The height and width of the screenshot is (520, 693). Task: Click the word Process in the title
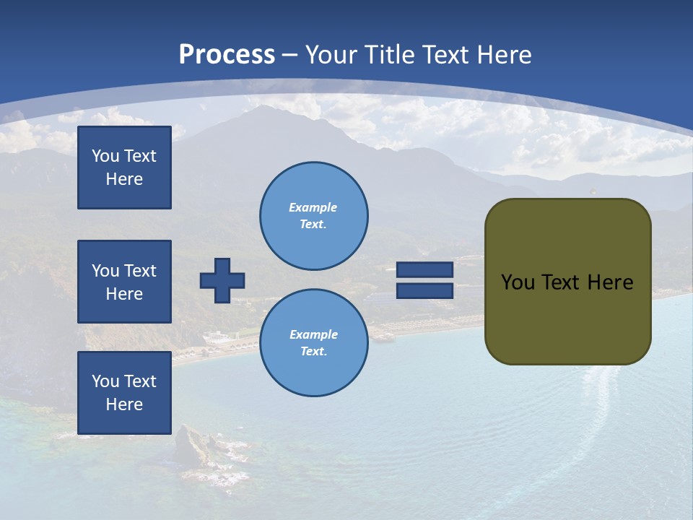pyautogui.click(x=227, y=54)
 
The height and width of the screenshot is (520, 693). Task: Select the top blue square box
pyautogui.click(x=124, y=168)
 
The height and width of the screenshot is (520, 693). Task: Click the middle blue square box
pyautogui.click(x=124, y=282)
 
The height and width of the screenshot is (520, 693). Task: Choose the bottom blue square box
pyautogui.click(x=124, y=393)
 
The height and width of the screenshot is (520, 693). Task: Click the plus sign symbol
pyautogui.click(x=222, y=280)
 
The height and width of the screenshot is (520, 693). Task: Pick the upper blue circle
pyautogui.click(x=314, y=216)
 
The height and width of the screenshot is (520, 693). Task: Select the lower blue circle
pyautogui.click(x=314, y=343)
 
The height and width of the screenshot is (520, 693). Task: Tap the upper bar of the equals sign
pyautogui.click(x=424, y=270)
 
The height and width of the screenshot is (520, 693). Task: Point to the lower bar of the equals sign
pyautogui.click(x=424, y=290)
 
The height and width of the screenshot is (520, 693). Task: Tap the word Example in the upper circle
pyautogui.click(x=313, y=207)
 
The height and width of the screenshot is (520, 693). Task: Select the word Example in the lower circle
pyautogui.click(x=313, y=334)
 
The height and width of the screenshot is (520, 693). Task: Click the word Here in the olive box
pyautogui.click(x=610, y=282)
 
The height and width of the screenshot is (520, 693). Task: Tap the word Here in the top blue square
pyautogui.click(x=124, y=179)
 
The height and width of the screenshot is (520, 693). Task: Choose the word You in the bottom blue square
pyautogui.click(x=105, y=381)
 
